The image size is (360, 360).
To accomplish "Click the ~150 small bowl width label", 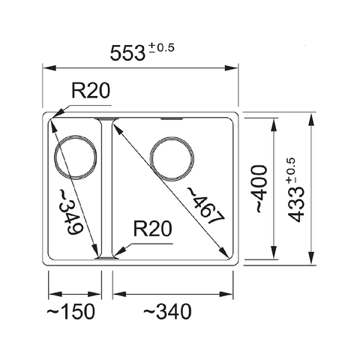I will (73, 310).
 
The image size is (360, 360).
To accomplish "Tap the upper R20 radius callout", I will (90, 91).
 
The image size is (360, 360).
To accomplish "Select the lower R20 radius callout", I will (153, 229).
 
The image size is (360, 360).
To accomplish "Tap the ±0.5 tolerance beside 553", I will (164, 48).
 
